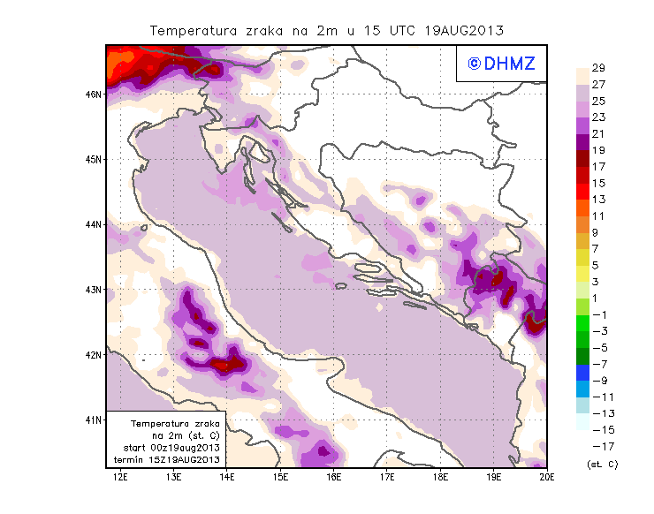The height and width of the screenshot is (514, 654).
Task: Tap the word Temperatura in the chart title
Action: (x=194, y=30)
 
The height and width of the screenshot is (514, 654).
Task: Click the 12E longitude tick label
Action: (x=121, y=477)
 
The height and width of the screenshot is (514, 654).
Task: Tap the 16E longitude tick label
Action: (x=333, y=477)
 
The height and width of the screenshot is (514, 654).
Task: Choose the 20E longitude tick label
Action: (x=546, y=477)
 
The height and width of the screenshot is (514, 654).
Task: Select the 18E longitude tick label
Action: (x=440, y=477)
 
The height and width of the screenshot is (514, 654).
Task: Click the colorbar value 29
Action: (x=598, y=68)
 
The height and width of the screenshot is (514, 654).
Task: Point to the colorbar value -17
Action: (x=598, y=446)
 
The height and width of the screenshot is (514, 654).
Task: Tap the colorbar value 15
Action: (x=598, y=183)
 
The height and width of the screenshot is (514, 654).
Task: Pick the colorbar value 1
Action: (x=598, y=298)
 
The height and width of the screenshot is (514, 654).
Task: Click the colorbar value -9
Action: (x=598, y=380)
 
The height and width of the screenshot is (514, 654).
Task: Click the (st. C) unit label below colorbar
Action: (x=602, y=464)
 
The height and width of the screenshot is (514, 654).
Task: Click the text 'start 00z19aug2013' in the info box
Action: (x=171, y=448)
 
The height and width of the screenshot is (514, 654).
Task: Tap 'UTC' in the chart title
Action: (x=384, y=30)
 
